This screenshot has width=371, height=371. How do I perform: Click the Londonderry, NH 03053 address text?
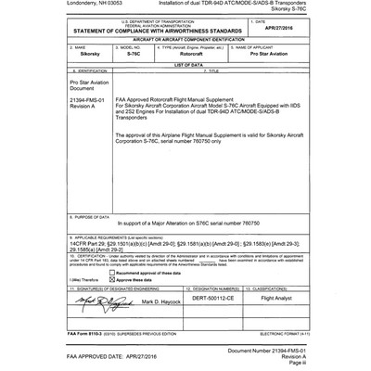coord(32,5)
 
